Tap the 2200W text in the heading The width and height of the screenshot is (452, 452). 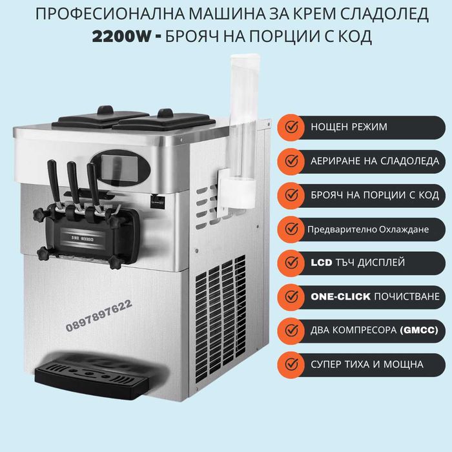click(119, 36)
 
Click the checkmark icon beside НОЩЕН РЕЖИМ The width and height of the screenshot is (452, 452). click(293, 127)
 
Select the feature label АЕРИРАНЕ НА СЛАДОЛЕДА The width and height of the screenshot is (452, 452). click(375, 161)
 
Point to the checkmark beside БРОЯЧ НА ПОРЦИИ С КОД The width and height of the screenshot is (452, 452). click(293, 194)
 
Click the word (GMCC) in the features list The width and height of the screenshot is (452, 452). click(419, 331)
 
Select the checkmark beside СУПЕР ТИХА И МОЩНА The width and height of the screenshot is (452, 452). click(293, 364)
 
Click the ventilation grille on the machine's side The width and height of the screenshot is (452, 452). click(216, 303)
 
